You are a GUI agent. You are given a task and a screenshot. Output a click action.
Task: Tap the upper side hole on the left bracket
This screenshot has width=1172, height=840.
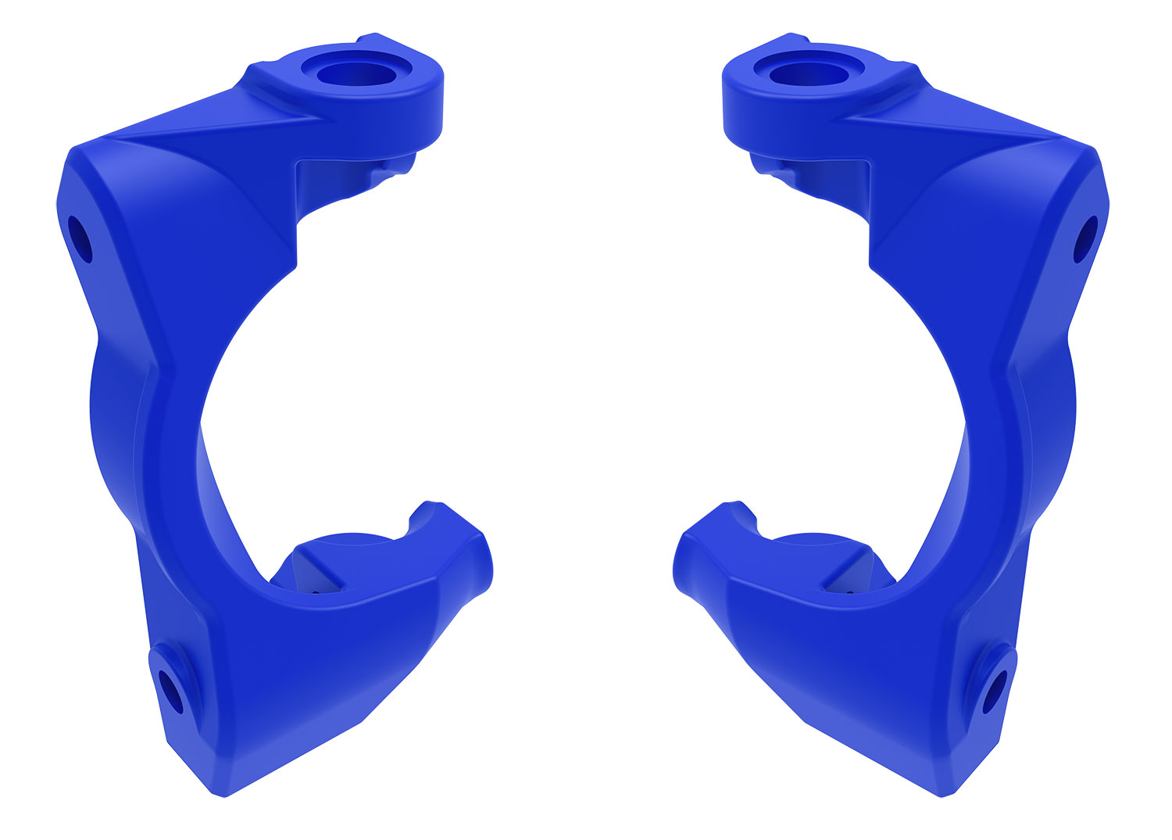(x=80, y=240)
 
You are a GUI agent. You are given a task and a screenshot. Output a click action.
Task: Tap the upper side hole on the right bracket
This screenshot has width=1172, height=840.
(x=1085, y=239)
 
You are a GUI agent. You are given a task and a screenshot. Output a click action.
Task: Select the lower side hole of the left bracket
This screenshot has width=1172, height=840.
(x=170, y=692)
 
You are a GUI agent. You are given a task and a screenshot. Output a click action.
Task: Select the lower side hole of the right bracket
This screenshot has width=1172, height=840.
(x=995, y=691)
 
